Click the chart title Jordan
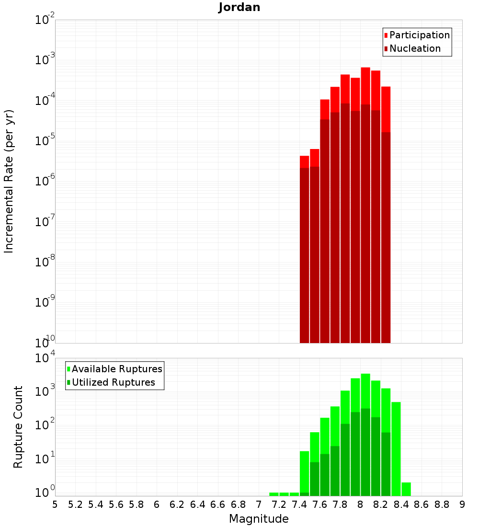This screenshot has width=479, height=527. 239,7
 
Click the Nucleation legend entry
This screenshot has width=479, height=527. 414,48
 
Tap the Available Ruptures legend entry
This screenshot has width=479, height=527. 116,369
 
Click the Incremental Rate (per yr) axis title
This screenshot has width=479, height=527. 9,181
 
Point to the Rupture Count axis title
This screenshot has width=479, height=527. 18,427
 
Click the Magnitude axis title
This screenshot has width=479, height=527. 259,519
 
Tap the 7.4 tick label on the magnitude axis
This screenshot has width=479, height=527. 299,504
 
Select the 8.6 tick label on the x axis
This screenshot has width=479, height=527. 422,504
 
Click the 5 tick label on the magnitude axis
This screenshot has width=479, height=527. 55,504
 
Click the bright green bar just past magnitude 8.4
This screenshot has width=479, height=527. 406,489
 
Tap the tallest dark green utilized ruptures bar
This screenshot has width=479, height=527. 365,450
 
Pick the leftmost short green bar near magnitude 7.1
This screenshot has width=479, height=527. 274,494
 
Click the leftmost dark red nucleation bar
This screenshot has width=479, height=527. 304,254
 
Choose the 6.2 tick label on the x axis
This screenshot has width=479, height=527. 177,504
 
